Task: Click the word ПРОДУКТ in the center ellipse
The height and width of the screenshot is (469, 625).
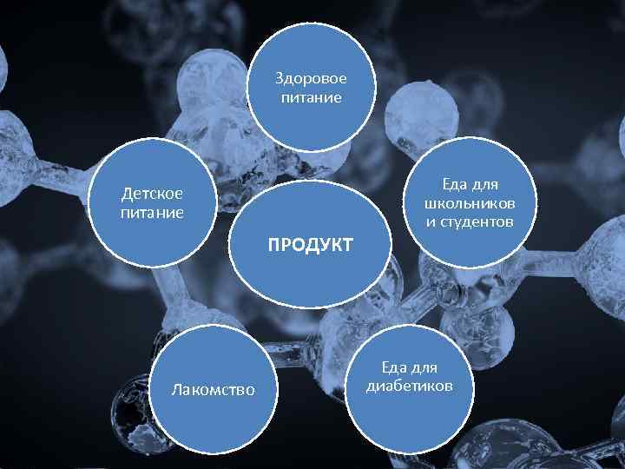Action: [310, 244]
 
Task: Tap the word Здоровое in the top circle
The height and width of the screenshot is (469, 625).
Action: [312, 78]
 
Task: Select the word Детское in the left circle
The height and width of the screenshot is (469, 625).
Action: [152, 194]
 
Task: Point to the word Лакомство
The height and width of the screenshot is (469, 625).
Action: [214, 389]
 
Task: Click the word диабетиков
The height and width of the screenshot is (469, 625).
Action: [410, 386]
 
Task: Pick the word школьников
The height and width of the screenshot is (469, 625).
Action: [470, 204]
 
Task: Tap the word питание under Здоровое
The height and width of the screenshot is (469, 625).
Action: [312, 97]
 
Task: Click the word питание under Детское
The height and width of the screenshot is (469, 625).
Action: [152, 213]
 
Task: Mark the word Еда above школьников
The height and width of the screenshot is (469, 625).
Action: [455, 184]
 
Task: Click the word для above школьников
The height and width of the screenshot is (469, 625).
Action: [485, 186]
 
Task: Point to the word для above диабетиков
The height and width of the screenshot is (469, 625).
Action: [424, 368]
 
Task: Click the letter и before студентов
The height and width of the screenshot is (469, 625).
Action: [430, 223]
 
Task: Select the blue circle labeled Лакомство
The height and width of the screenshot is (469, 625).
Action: [214, 389]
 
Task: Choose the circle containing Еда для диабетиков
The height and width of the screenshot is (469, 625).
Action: [410, 389]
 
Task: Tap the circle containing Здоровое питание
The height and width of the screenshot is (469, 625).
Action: [312, 87]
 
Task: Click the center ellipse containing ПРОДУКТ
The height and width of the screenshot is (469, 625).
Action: [310, 244]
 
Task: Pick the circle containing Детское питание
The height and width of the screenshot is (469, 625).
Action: [152, 202]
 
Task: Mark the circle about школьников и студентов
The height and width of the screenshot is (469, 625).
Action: [470, 202]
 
